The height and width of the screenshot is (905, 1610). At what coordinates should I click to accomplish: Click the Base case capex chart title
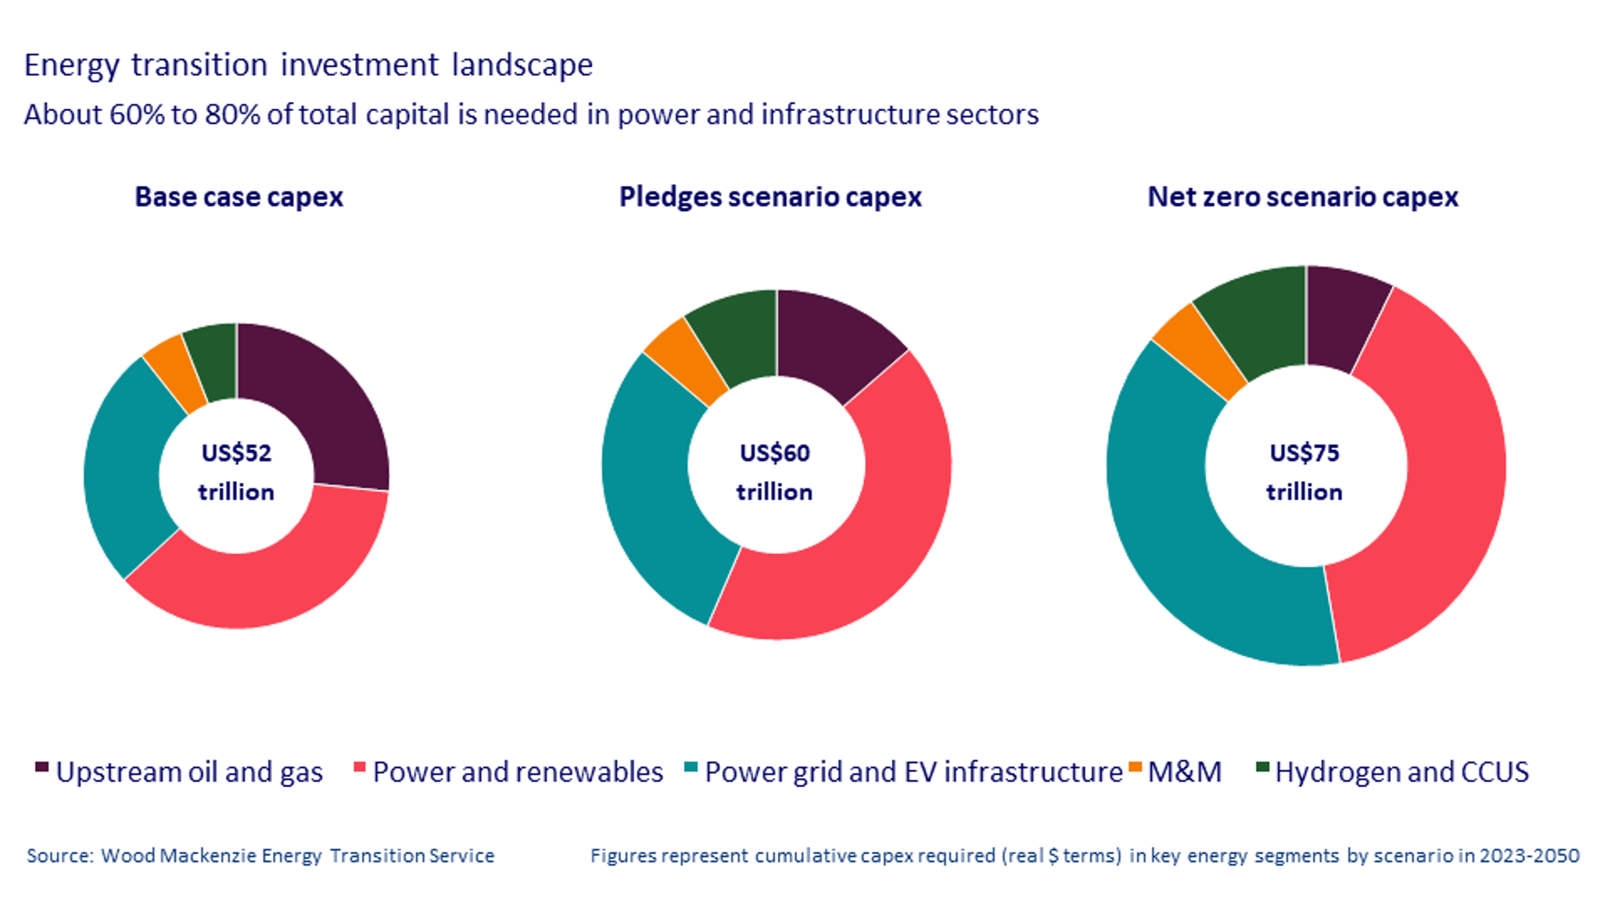coord(239,197)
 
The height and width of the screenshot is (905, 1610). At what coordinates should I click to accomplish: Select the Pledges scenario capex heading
coord(770,197)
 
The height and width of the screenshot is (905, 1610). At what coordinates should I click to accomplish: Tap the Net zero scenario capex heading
coord(1302,197)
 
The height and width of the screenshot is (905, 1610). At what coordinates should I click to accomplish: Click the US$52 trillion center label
coord(236,471)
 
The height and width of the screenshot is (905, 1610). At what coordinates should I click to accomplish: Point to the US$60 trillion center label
coord(775,471)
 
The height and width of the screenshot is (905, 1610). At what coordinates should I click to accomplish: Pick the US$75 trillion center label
coord(1304,471)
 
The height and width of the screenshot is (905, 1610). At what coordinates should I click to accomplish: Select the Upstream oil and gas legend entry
coord(179,772)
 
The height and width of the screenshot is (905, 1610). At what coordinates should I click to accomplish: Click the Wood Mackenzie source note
coord(260,856)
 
